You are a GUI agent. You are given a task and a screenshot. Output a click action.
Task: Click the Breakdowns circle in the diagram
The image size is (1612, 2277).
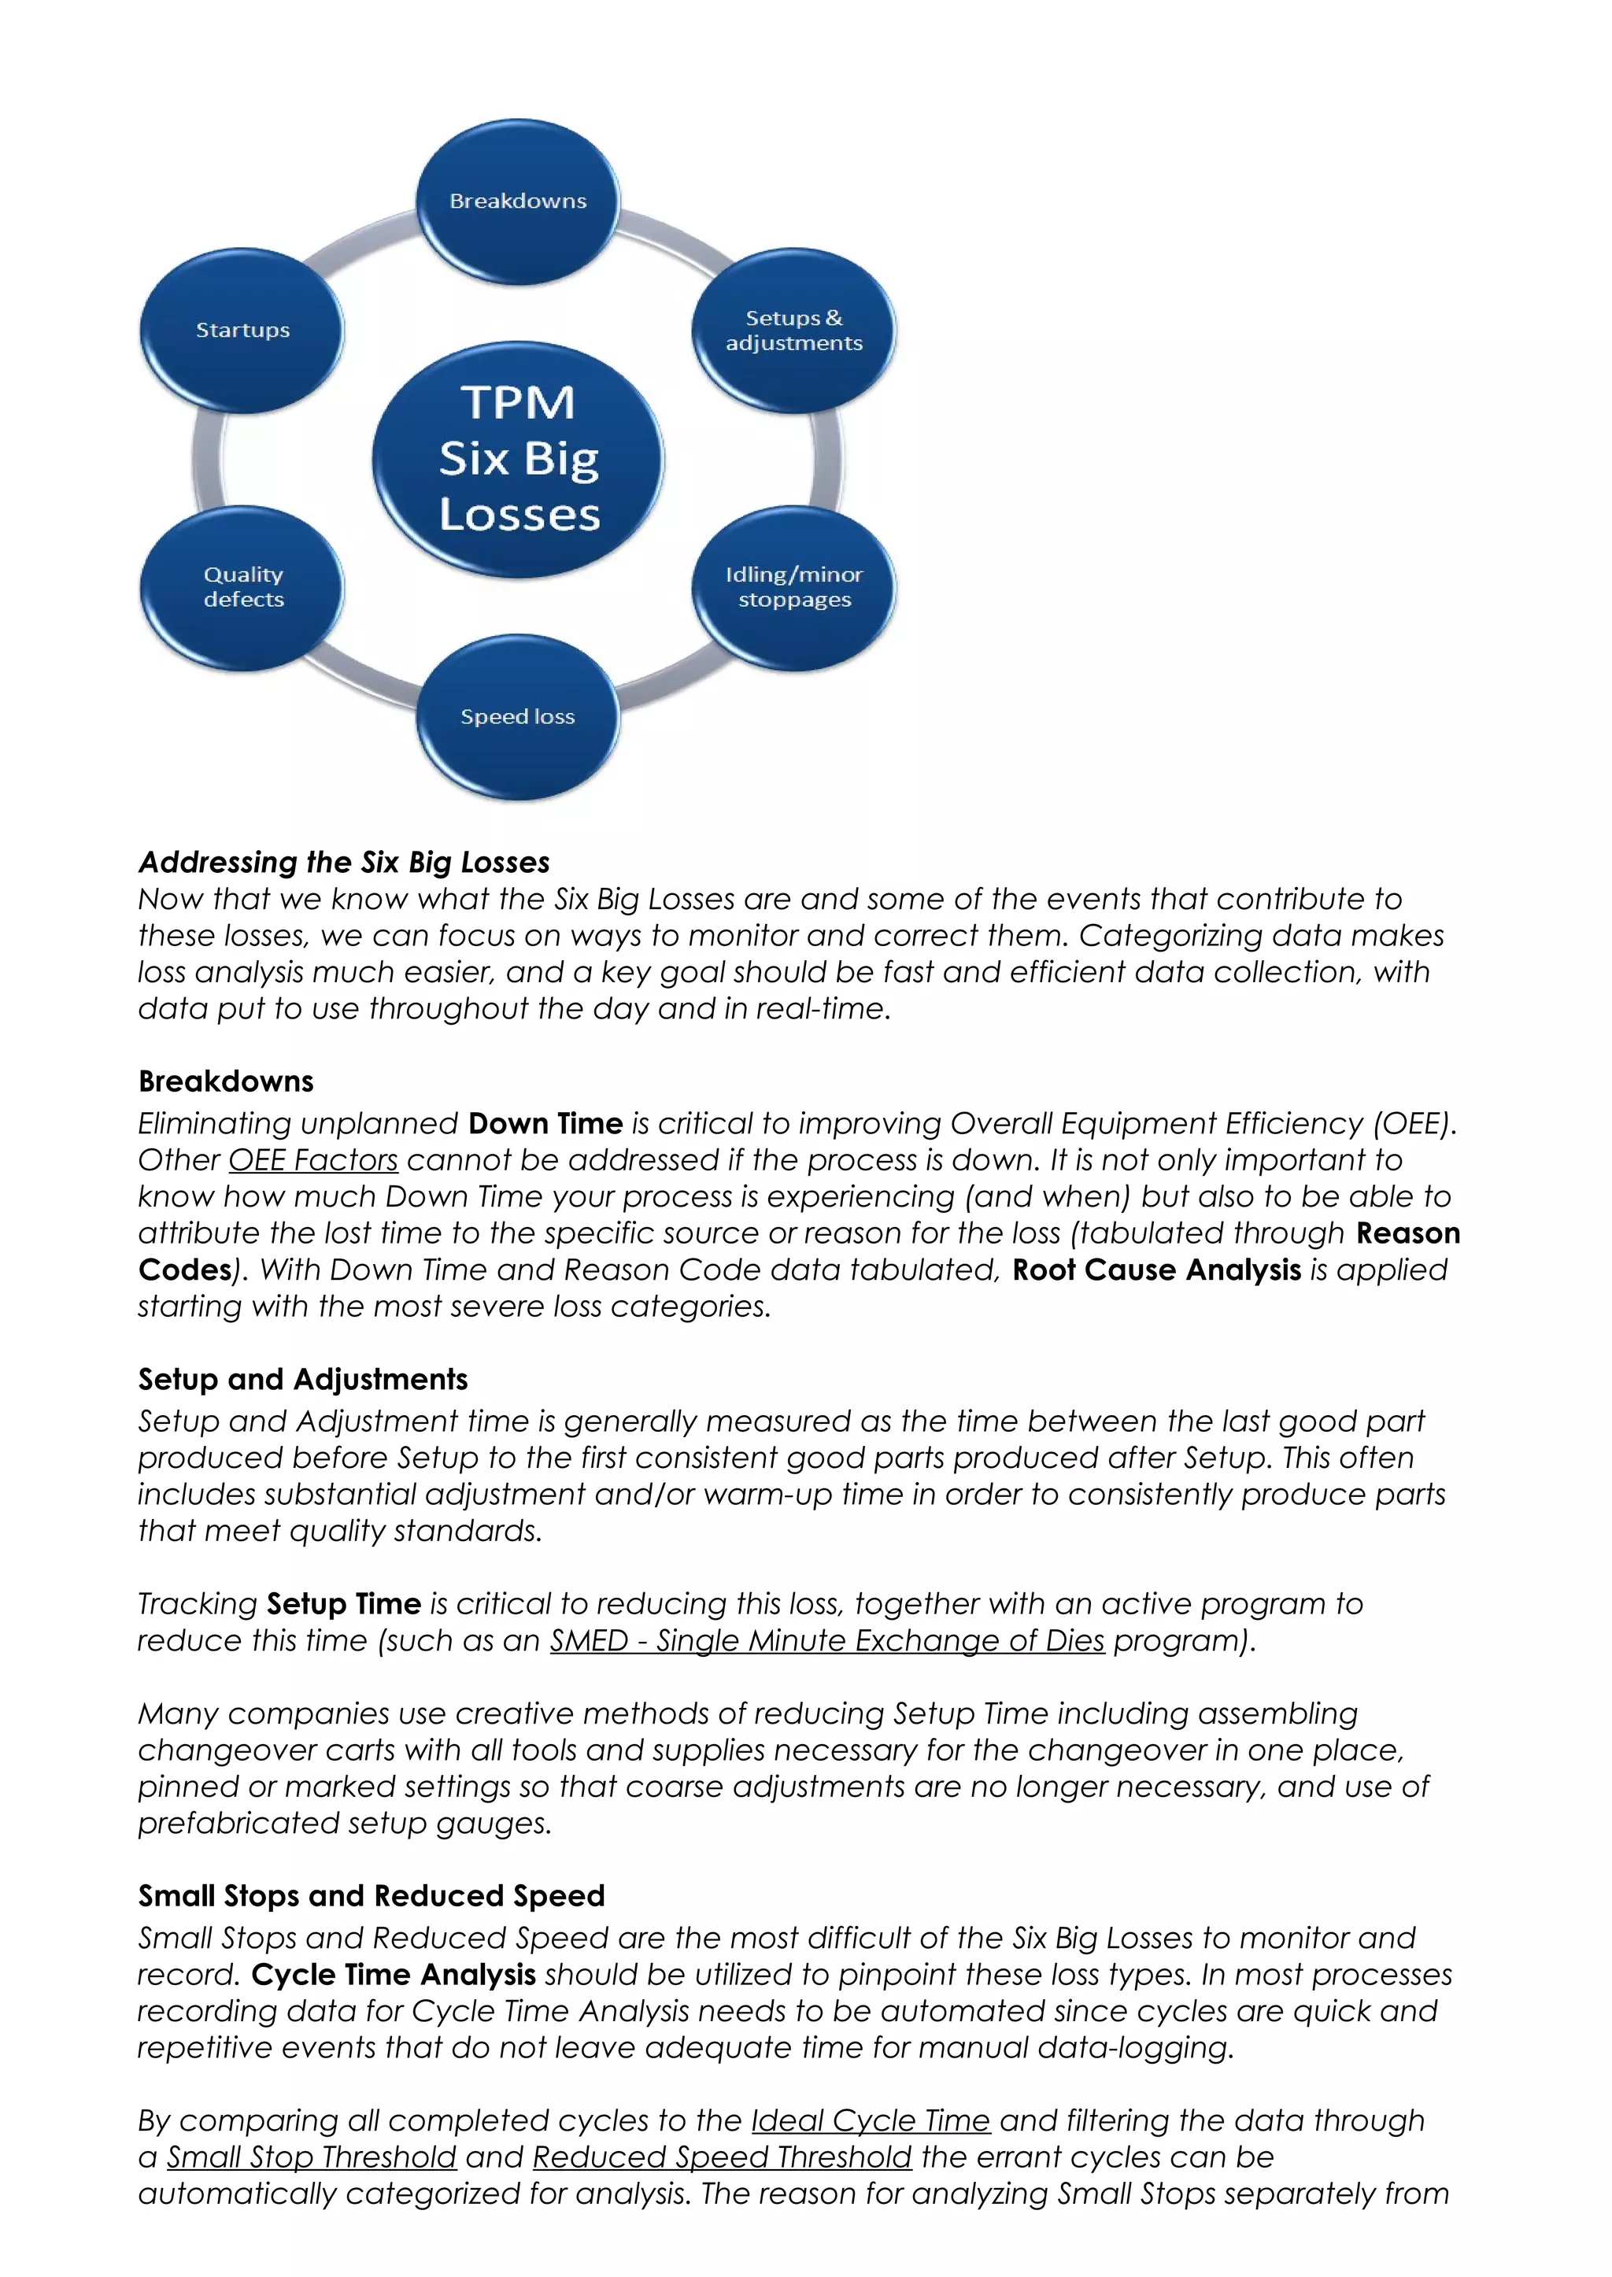click(517, 201)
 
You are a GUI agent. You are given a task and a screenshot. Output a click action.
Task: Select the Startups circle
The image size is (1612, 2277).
click(242, 331)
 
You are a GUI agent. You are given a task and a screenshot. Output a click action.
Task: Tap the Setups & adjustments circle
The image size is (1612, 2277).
click(793, 331)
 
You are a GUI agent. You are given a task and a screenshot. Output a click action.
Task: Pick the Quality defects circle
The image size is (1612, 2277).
click(242, 588)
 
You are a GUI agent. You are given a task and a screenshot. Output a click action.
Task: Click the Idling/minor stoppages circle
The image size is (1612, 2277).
click(793, 588)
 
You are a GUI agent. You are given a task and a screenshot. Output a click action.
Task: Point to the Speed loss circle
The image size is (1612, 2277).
click(517, 717)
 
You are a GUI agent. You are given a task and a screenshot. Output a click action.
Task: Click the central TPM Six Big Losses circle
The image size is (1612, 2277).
click(518, 460)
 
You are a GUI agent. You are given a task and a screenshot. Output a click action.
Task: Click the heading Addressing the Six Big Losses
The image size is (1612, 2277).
click(343, 862)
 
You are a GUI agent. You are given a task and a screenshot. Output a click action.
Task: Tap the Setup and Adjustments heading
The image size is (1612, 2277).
click(303, 1379)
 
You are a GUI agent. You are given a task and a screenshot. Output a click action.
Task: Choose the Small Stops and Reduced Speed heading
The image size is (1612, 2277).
click(372, 1896)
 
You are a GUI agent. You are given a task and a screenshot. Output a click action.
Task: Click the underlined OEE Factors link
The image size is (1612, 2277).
click(312, 1159)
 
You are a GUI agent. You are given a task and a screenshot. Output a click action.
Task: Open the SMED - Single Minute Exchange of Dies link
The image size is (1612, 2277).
click(826, 1639)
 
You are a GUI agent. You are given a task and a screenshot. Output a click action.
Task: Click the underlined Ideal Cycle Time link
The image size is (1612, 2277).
click(871, 2120)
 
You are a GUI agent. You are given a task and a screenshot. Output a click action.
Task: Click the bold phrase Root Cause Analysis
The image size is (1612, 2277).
click(1156, 1270)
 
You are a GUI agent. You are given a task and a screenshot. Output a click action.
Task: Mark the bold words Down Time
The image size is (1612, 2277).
click(545, 1122)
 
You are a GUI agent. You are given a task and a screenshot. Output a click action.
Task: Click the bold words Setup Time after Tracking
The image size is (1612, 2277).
click(343, 1603)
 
